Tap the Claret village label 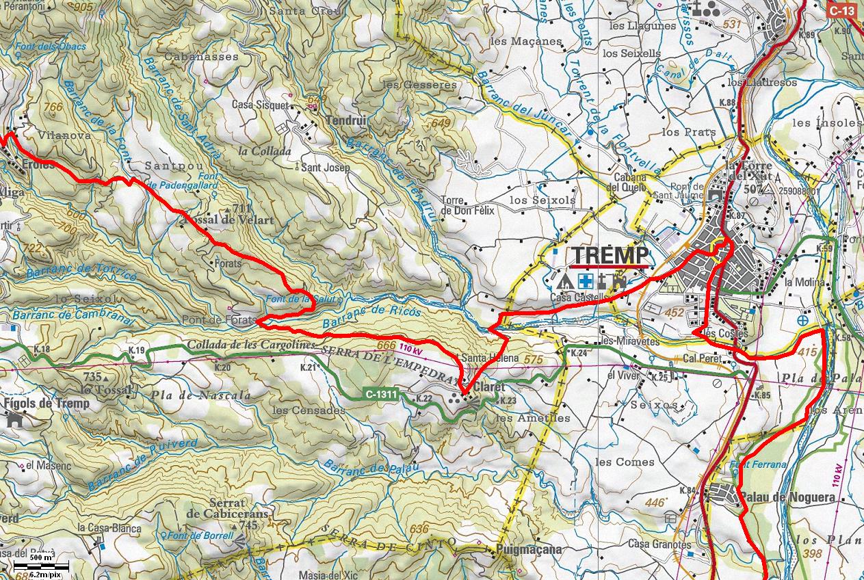(x=488, y=387)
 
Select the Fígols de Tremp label (x=46, y=404)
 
